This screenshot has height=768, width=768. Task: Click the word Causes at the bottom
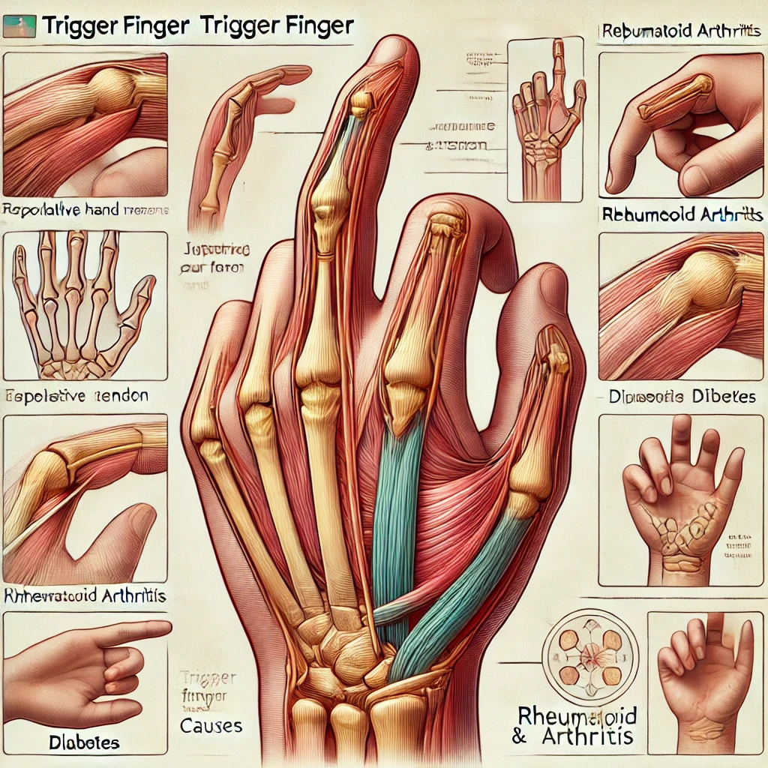pos(212,726)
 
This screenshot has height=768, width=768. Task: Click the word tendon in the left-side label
pos(121,395)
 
